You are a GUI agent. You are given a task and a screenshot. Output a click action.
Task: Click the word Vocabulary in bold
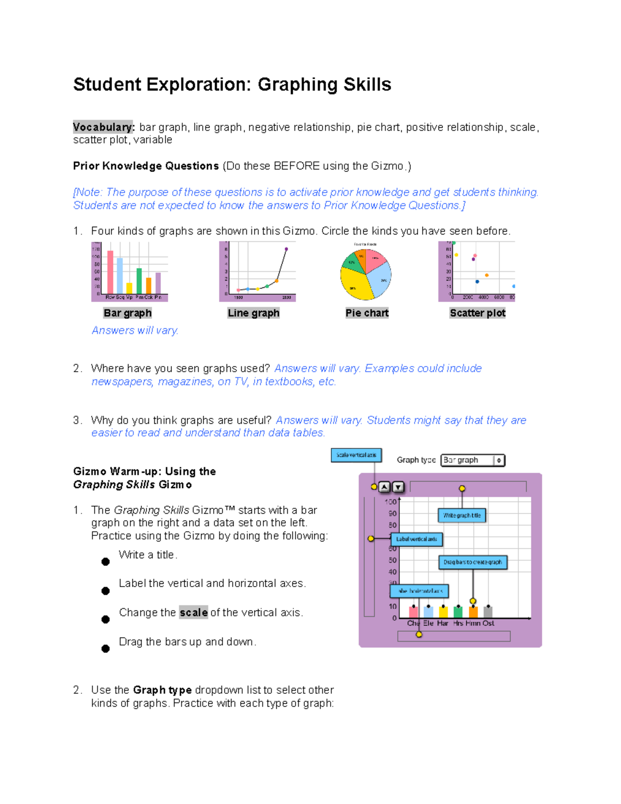point(103,127)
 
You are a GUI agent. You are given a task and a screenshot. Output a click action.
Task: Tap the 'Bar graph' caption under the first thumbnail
point(127,313)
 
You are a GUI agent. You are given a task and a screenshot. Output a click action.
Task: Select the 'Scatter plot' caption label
point(477,313)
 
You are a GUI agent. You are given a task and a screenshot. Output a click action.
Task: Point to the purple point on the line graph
point(286,249)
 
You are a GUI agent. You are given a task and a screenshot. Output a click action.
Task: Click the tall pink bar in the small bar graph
point(110,272)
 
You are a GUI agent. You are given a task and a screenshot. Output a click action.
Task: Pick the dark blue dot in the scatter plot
point(477,282)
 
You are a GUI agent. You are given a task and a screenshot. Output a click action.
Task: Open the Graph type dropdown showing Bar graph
point(472,460)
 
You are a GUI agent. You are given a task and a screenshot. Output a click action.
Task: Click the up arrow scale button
point(384,487)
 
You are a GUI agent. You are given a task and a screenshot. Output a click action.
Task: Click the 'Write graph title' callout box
point(462,515)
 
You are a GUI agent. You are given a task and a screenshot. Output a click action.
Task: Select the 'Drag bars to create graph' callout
point(472,562)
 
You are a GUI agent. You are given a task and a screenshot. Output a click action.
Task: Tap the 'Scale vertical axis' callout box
point(356,455)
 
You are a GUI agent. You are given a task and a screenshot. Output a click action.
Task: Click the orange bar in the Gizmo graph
point(473,611)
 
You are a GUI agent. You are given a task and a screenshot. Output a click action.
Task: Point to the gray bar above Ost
point(487,611)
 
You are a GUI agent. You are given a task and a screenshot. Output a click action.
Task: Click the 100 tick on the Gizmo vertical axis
point(391,502)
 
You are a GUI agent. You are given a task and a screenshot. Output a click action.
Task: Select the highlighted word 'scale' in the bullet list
point(194,612)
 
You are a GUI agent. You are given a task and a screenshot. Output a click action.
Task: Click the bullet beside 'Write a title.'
point(106,562)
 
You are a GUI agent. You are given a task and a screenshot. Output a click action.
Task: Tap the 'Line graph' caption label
point(254,313)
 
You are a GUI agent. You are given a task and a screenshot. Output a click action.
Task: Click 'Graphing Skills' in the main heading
point(324,84)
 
